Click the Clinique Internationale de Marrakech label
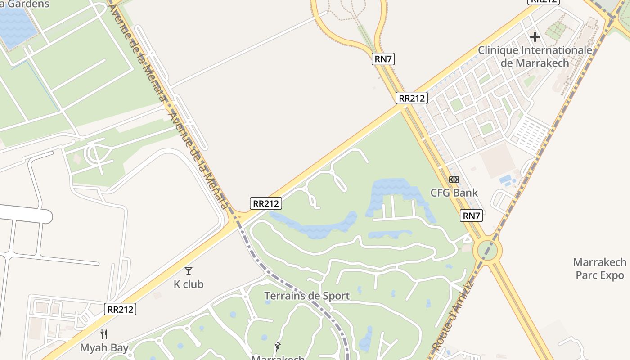pos(535,56)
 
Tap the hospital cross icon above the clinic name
pos(535,36)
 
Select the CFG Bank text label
pos(454,193)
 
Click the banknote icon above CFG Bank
pos(454,180)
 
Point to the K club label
pos(189,284)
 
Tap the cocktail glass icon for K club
pos(189,271)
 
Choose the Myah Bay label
pos(104,347)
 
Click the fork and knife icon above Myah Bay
pos(104,334)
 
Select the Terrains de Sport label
pos(307,296)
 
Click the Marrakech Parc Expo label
pos(600,268)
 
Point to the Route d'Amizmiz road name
pos(453,315)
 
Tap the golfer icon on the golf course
pos(278,347)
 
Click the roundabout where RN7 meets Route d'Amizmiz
pos(489,250)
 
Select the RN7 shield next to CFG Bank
pos(472,216)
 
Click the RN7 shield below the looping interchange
pos(383,58)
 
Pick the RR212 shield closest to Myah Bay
pos(121,309)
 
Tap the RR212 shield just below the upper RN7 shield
pos(412,98)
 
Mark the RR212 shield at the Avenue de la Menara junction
pos(266,203)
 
